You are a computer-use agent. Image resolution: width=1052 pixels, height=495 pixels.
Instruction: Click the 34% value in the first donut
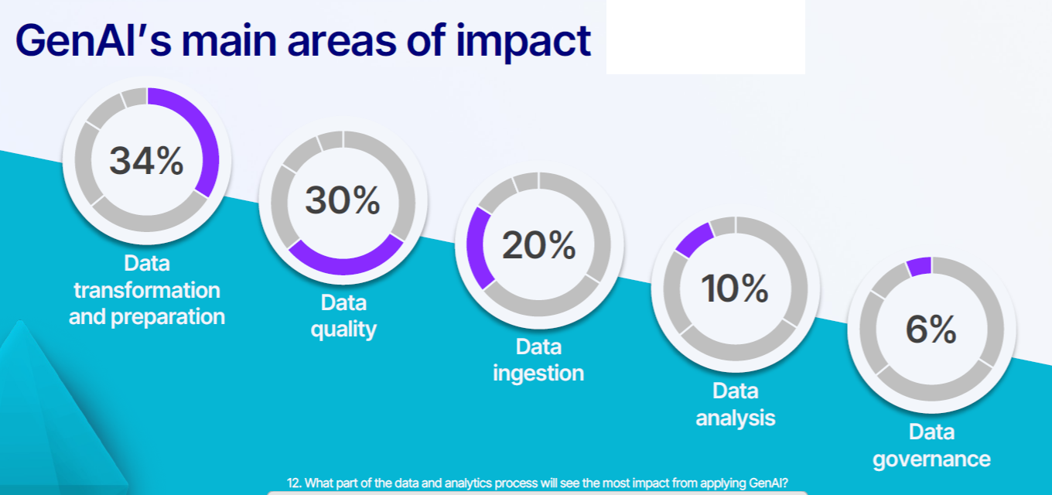tap(146, 161)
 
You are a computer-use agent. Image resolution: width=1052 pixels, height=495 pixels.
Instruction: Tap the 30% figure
tap(343, 200)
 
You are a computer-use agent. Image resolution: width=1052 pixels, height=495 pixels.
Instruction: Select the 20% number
tap(538, 244)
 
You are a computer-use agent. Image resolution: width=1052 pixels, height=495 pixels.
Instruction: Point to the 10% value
tap(735, 288)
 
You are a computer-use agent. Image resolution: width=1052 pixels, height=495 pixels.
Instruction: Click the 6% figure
tap(931, 329)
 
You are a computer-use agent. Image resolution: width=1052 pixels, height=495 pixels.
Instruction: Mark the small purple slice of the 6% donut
tap(919, 267)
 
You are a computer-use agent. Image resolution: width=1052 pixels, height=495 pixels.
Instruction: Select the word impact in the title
tap(523, 43)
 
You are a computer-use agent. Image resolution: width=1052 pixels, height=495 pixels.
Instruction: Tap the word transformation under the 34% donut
tap(147, 290)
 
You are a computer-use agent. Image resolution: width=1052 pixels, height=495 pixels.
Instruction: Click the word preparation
tap(168, 317)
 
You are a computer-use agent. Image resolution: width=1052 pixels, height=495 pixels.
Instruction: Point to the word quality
tap(343, 329)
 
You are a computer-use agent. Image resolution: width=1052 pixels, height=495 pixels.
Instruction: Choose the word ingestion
tap(538, 374)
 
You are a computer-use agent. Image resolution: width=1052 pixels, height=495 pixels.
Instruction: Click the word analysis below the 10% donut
tap(735, 418)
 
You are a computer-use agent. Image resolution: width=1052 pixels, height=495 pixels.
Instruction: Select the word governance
tap(931, 459)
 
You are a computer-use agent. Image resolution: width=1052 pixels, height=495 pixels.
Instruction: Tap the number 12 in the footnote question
tap(292, 483)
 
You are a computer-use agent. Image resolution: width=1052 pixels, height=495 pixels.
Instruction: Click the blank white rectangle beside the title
tap(705, 37)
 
